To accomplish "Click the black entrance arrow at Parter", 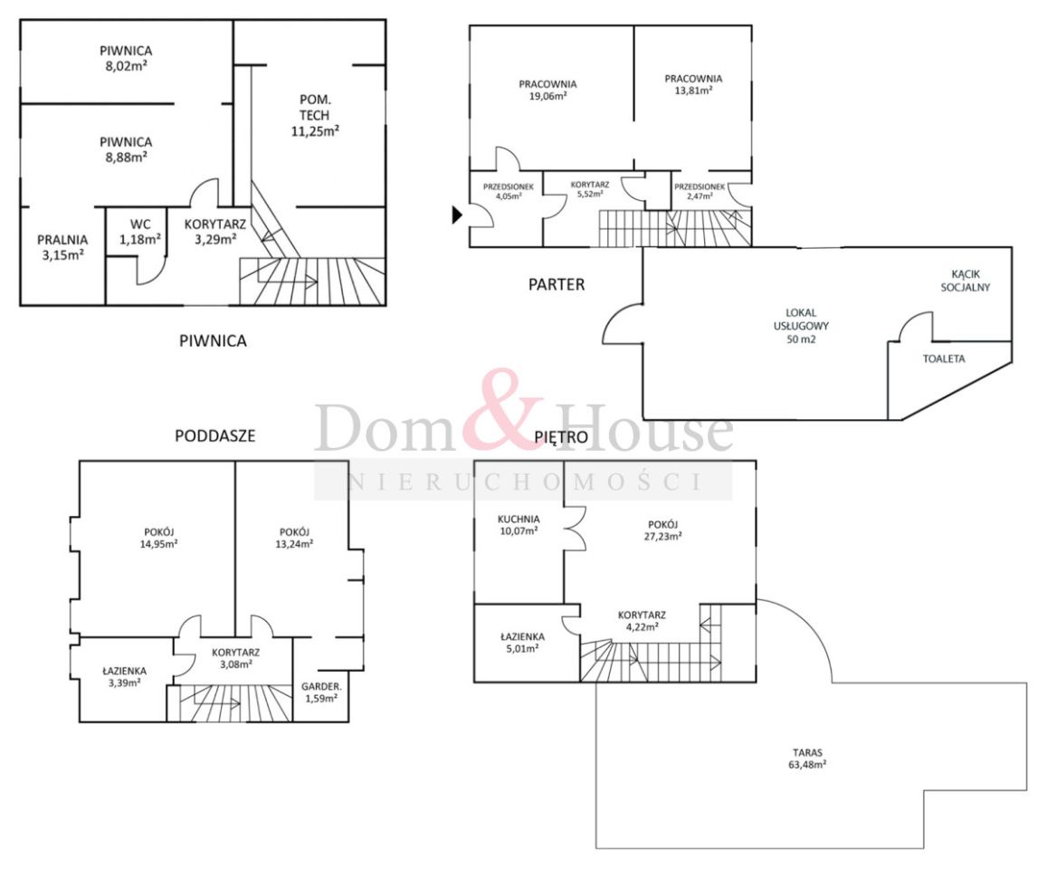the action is [457, 215].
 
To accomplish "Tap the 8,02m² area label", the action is [126, 66].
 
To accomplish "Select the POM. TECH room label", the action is [315, 108].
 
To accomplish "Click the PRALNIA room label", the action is [62, 239].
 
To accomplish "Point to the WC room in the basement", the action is [140, 232].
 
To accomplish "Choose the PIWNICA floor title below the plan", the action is [213, 340].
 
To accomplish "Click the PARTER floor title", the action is [557, 284].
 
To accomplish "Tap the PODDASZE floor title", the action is [215, 435].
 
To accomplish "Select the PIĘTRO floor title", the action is [561, 437].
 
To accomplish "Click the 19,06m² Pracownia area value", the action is [547, 96].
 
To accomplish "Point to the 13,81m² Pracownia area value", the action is [693, 91].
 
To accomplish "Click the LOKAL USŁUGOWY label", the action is [801, 320].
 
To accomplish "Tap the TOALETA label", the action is [944, 358].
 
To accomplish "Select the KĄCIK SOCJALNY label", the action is [965, 281].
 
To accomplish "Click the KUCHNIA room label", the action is [519, 519].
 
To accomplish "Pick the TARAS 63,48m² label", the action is [807, 759].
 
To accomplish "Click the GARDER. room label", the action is [321, 686].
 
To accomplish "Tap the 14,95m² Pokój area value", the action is [159, 544].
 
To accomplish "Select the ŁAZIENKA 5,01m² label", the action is [522, 643].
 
